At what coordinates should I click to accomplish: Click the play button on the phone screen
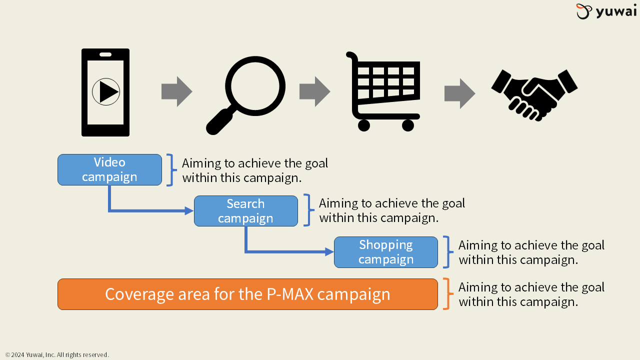click(x=106, y=92)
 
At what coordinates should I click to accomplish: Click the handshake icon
click(x=534, y=94)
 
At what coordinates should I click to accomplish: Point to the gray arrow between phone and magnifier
click(x=176, y=91)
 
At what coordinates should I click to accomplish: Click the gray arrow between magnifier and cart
click(x=314, y=91)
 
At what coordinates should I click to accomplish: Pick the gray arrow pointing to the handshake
click(x=459, y=93)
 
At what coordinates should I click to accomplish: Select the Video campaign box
click(x=109, y=169)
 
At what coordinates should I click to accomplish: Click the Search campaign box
click(x=245, y=211)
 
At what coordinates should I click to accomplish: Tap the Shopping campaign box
click(x=385, y=252)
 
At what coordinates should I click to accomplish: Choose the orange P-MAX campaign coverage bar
click(x=247, y=294)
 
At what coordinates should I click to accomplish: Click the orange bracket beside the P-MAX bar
click(x=446, y=294)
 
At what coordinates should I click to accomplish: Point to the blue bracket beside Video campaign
click(x=170, y=170)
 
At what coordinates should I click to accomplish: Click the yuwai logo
click(x=606, y=11)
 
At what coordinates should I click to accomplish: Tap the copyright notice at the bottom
click(x=57, y=354)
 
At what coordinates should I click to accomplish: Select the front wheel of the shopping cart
click(x=408, y=125)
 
